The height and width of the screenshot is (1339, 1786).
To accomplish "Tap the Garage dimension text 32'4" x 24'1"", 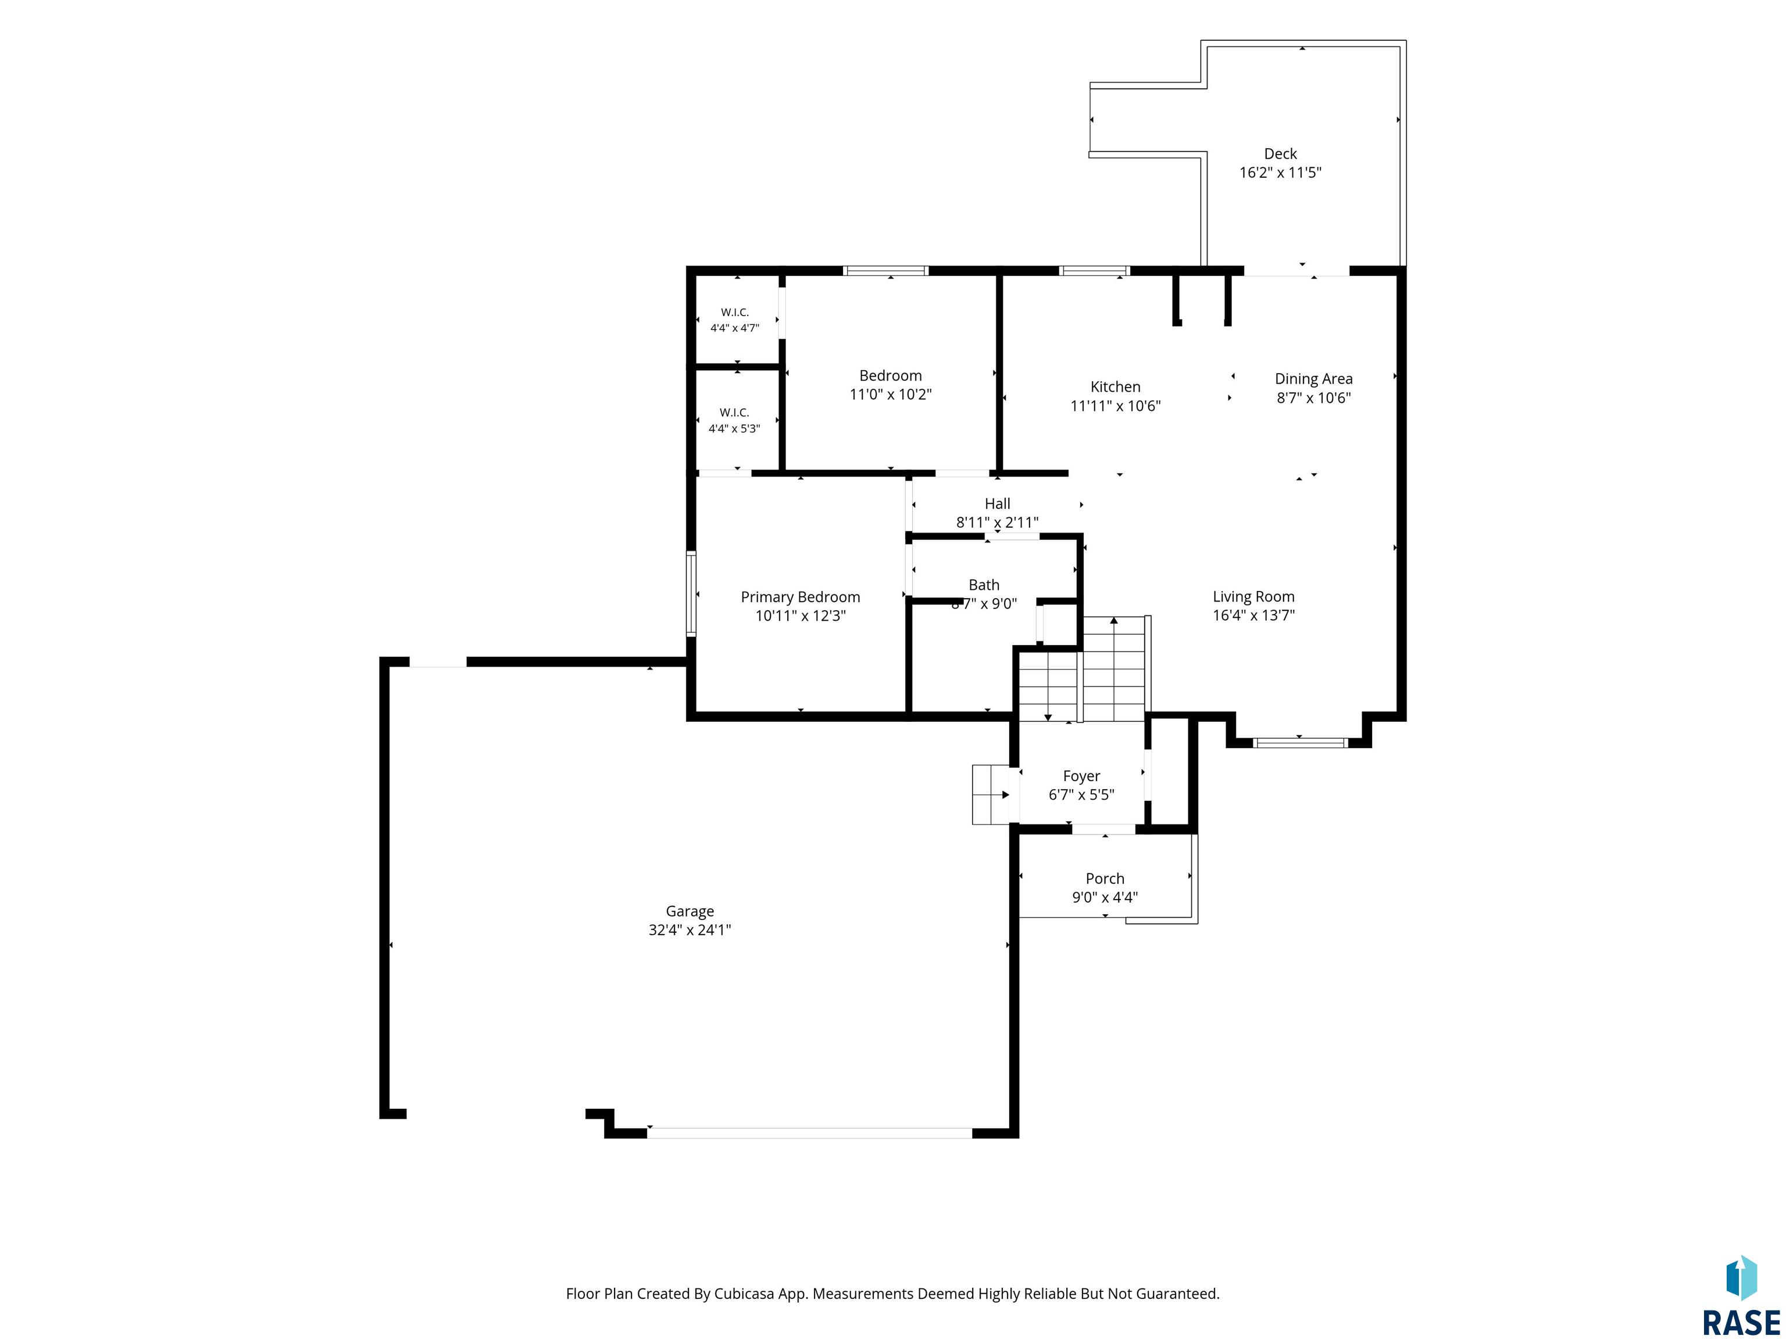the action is click(690, 930).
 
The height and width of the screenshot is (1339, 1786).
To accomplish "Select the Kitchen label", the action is click(1115, 386).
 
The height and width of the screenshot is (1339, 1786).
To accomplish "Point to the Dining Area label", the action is click(1314, 378).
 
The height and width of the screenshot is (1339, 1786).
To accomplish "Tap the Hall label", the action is click(997, 504).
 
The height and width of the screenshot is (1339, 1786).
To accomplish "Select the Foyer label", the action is click(1081, 776).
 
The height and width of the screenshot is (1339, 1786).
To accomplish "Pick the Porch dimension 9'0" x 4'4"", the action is click(1105, 897).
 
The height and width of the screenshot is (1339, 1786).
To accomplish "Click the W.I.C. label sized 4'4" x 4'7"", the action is click(735, 312).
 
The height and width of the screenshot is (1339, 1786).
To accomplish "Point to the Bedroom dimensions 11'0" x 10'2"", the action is click(891, 395).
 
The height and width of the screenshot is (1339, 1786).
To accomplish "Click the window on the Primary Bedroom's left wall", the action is click(691, 593).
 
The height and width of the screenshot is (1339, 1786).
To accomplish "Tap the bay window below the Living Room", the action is click(1300, 743).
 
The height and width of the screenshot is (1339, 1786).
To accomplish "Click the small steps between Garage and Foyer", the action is click(991, 795).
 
